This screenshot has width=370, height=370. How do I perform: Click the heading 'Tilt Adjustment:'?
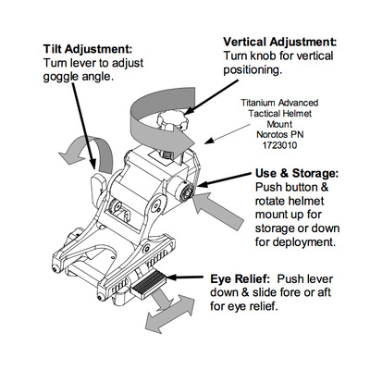tap(88, 49)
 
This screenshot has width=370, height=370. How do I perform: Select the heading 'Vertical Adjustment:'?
tap(280, 42)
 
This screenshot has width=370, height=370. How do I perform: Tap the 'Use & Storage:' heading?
tap(297, 173)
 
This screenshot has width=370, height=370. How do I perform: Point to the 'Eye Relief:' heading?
tap(240, 279)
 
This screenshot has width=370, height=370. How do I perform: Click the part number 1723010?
tap(279, 145)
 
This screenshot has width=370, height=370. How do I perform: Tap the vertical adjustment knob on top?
tap(173, 121)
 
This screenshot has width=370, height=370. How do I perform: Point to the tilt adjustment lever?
tap(99, 188)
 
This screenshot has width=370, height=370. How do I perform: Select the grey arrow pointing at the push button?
tap(217, 211)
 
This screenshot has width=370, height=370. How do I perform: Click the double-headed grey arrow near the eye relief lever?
tap(169, 314)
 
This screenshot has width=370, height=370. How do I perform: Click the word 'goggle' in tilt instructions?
tap(60, 78)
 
